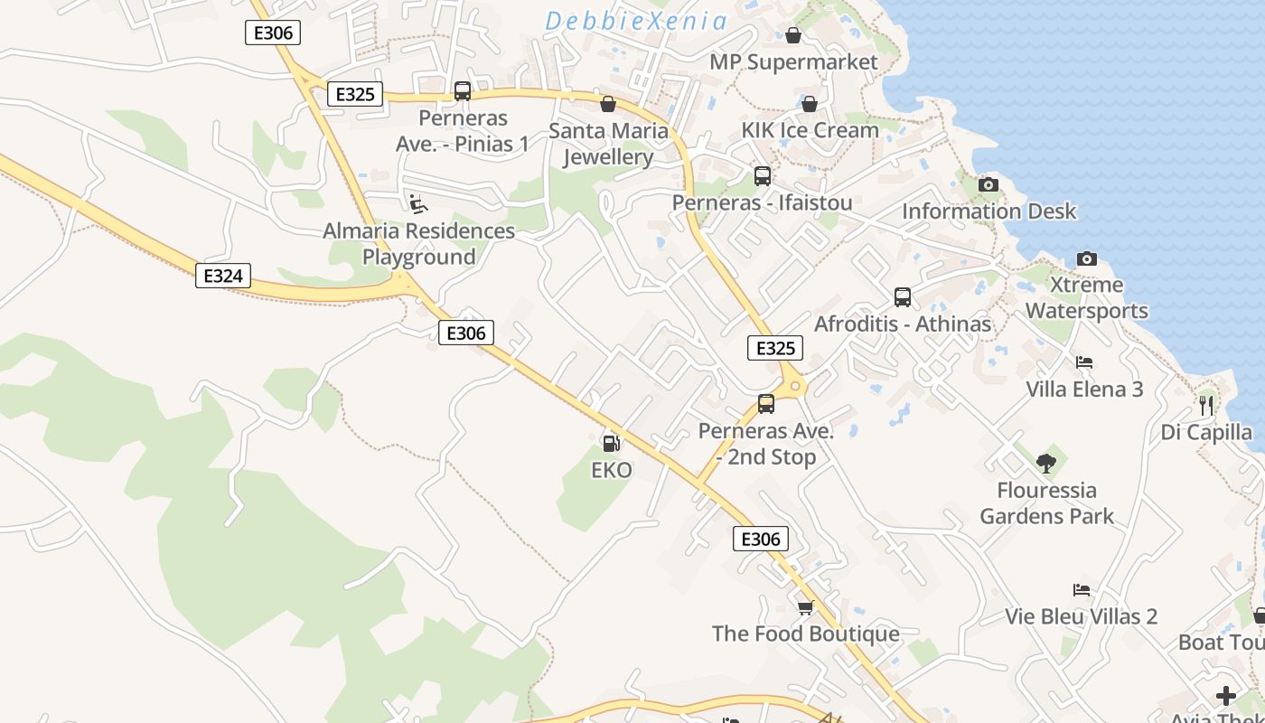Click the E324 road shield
tap(222, 276)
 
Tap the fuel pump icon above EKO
tap(612, 443)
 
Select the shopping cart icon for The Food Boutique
tap(805, 606)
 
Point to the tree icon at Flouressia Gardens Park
tap(1046, 464)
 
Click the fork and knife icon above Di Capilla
tap(1206, 404)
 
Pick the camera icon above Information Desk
tap(989, 184)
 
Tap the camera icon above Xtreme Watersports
tap(1086, 258)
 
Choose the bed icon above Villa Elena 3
tap(1084, 362)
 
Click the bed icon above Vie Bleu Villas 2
tap(1082, 590)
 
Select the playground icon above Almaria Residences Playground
tap(417, 204)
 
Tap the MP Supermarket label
tap(793, 61)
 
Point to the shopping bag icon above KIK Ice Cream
tap(810, 104)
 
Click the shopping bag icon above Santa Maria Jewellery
tap(608, 104)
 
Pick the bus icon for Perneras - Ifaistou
tap(763, 176)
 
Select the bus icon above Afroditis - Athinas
tap(902, 297)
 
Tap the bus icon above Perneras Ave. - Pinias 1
tap(463, 91)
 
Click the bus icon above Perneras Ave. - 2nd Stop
tap(766, 404)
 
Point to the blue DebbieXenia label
tap(636, 21)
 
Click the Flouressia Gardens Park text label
tap(1046, 503)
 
